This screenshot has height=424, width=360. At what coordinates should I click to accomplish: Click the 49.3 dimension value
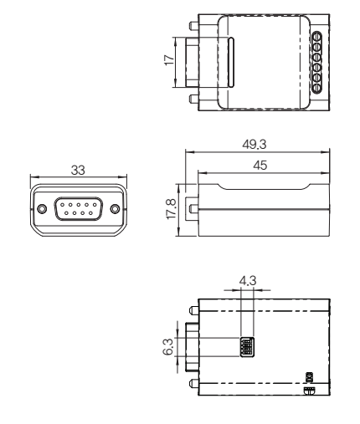click(255, 145)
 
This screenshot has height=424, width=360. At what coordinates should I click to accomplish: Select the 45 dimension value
click(260, 166)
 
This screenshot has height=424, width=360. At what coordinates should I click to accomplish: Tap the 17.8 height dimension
click(172, 209)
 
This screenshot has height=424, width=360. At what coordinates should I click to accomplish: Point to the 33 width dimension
click(78, 170)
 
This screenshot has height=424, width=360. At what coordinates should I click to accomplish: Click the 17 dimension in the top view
click(169, 60)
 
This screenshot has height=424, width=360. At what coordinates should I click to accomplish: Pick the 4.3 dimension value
click(248, 281)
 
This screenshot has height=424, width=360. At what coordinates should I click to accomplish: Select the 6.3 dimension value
click(168, 347)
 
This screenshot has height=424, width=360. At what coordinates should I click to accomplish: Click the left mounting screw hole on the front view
click(42, 208)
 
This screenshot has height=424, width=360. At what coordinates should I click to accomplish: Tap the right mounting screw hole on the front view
click(115, 208)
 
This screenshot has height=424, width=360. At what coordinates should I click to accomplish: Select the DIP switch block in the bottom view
click(247, 347)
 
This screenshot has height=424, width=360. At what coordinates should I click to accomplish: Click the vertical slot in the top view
click(231, 62)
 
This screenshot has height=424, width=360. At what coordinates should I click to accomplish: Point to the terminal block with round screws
click(316, 63)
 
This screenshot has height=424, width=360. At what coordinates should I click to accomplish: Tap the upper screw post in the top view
click(193, 26)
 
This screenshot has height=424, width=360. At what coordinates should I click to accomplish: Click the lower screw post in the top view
click(193, 99)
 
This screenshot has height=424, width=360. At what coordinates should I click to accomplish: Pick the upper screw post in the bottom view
click(193, 310)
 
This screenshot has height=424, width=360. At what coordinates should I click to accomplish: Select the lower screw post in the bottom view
click(193, 384)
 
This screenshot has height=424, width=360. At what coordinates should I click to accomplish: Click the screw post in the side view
click(193, 208)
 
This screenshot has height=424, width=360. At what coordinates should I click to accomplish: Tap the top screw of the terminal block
click(316, 38)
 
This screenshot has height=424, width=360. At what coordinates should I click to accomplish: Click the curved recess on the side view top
click(264, 188)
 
